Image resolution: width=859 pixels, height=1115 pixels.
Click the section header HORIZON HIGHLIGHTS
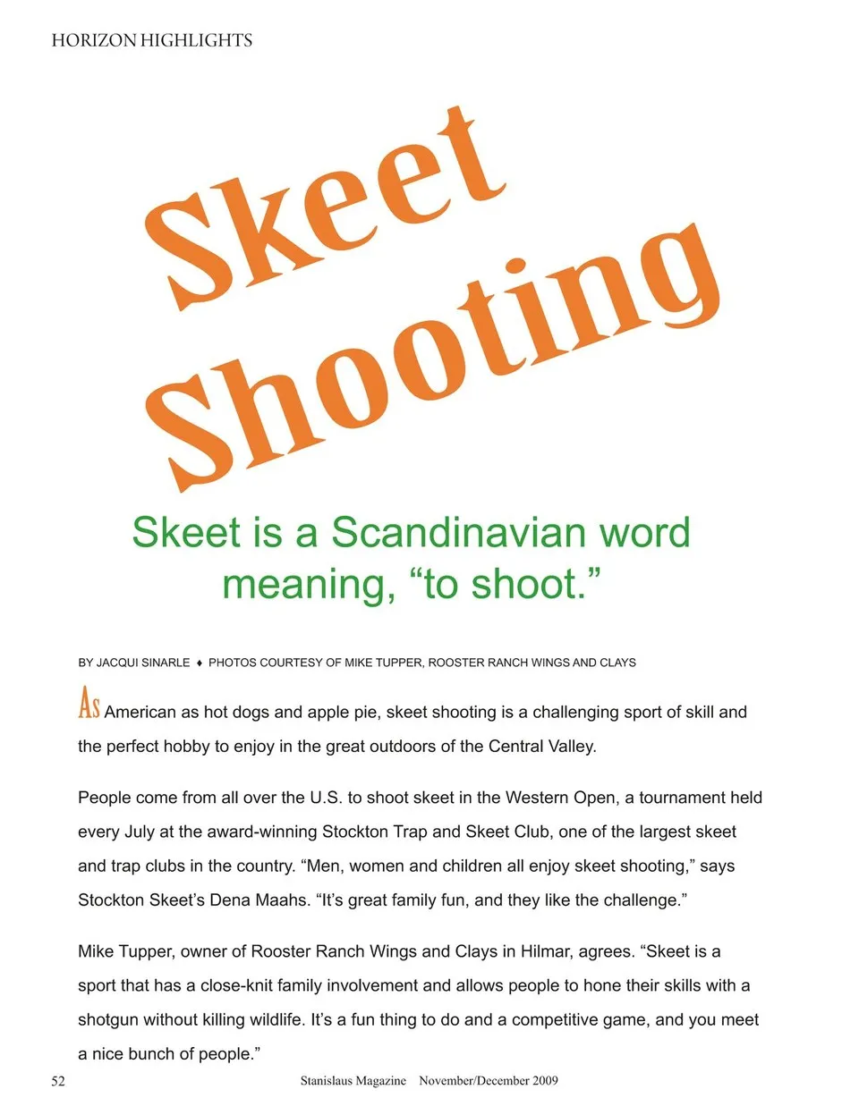[151, 40]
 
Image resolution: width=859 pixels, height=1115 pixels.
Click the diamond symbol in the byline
[200, 663]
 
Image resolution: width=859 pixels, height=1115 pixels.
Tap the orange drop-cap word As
[89, 704]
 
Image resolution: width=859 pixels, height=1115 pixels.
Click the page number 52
[58, 1081]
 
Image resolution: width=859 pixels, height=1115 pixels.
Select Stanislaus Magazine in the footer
[353, 1081]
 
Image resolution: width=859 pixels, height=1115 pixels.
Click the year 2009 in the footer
[544, 1081]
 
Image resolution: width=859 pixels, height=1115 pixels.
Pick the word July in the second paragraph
[139, 832]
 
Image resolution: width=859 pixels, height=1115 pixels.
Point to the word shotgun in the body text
[108, 1020]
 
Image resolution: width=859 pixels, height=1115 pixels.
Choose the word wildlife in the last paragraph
[271, 1020]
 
